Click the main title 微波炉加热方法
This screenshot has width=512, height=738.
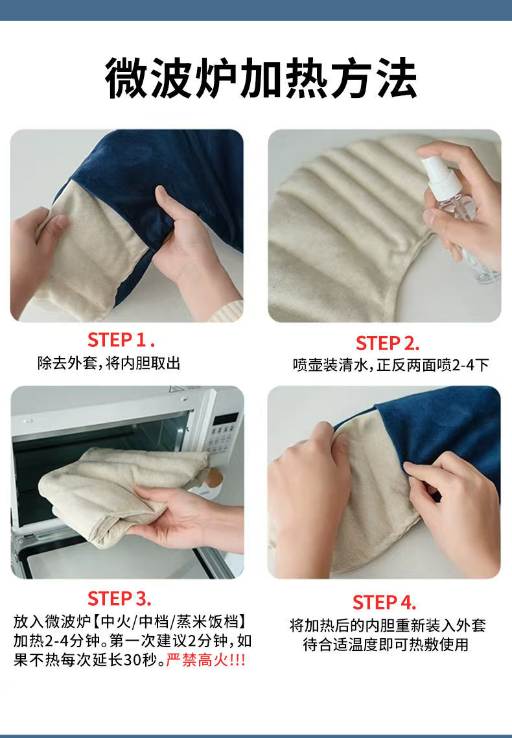pos(261,78)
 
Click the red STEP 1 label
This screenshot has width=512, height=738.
pos(121,339)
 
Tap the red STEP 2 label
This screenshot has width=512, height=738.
pos(388,343)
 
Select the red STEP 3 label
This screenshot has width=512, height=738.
pos(119,598)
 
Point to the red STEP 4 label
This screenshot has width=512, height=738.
pos(384,602)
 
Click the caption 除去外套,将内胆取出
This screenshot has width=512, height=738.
pos(109,363)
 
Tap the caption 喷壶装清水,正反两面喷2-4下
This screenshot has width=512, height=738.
pos(391,364)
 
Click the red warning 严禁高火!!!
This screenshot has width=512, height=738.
pos(206,660)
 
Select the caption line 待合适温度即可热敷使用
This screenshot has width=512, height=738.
pos(386,645)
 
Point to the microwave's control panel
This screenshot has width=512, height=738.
pos(223,433)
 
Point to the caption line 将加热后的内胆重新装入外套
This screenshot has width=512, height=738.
pos(388,626)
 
